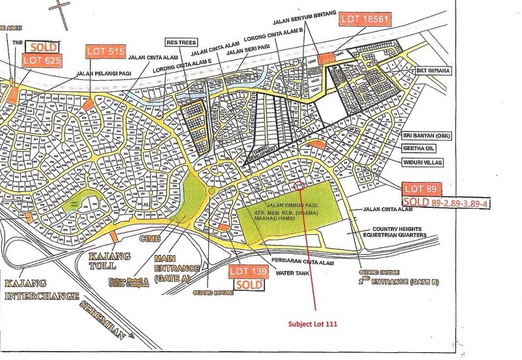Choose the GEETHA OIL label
(421, 147)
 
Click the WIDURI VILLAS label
(423, 160)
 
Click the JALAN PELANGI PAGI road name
(106, 74)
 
